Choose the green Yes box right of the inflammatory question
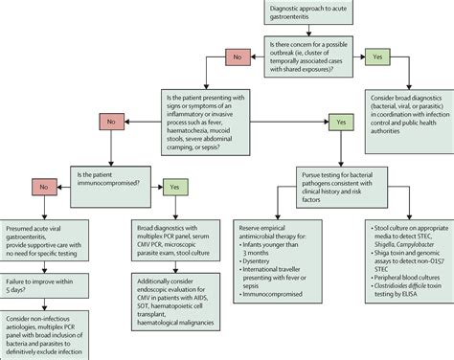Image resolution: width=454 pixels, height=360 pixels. point(339,123)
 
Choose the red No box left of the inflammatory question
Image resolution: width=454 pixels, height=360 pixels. point(111,124)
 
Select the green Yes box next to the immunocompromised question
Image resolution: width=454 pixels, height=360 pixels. point(174,187)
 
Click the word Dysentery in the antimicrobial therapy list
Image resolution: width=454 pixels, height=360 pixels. point(270,271)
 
